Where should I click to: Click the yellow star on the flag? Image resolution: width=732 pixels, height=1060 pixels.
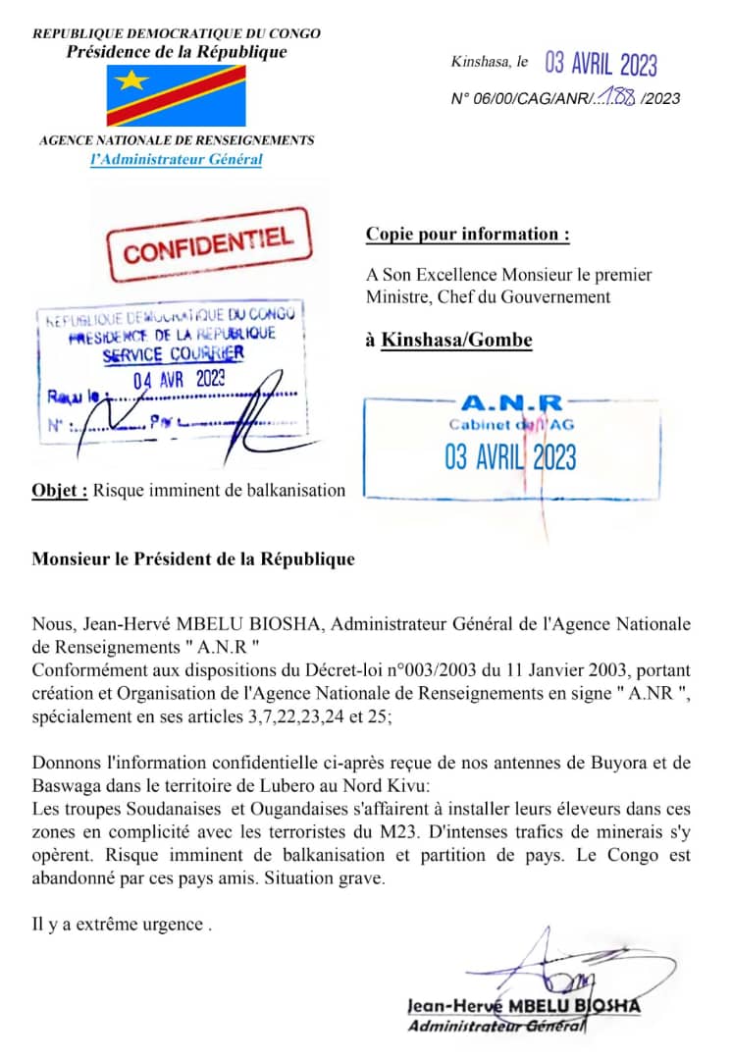click(x=131, y=80)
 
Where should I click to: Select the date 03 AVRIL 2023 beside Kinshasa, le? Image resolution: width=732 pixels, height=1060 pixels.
click(x=601, y=64)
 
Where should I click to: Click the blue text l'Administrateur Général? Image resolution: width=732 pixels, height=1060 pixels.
click(x=176, y=159)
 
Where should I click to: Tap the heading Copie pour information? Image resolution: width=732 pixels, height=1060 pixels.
click(x=467, y=235)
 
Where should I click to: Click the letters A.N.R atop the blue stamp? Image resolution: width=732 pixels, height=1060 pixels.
click(x=511, y=403)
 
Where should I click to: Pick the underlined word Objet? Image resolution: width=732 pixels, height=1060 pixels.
click(x=60, y=490)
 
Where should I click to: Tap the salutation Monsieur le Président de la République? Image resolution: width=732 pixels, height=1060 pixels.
click(x=193, y=560)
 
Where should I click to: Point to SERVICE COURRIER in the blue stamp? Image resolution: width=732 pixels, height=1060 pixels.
click(x=174, y=354)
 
